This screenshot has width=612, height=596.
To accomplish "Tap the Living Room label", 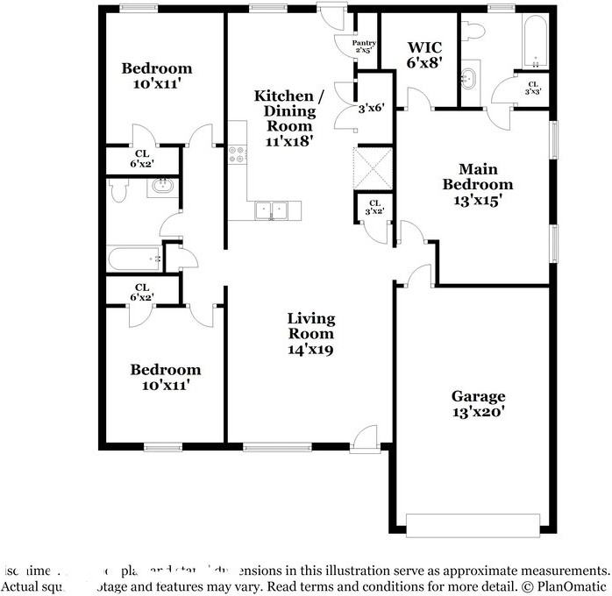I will [311, 333].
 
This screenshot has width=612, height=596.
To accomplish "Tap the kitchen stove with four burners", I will [237, 155].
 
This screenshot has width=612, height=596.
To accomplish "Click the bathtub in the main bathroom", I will [535, 40].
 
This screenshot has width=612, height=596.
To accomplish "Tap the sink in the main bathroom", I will [470, 77].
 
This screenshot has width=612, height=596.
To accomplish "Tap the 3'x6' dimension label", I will [372, 110].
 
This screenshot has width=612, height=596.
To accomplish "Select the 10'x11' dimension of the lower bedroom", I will [167, 383].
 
